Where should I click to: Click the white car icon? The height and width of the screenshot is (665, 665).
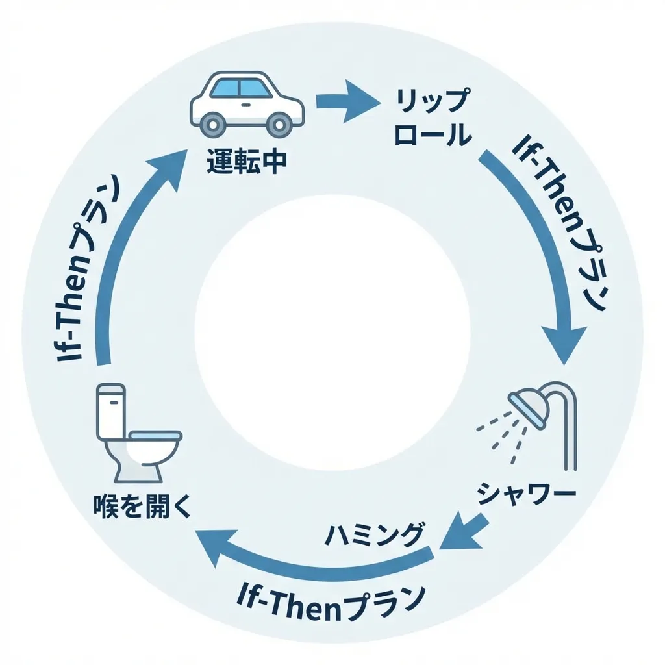click(x=247, y=104)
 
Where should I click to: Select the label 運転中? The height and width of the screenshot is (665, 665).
click(x=246, y=162)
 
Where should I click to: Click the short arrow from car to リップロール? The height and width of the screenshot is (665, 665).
click(x=347, y=101)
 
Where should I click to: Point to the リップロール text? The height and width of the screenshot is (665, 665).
click(x=433, y=118)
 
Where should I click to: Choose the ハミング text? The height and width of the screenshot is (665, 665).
click(x=373, y=535)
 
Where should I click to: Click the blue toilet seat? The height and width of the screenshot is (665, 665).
click(x=155, y=434)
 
